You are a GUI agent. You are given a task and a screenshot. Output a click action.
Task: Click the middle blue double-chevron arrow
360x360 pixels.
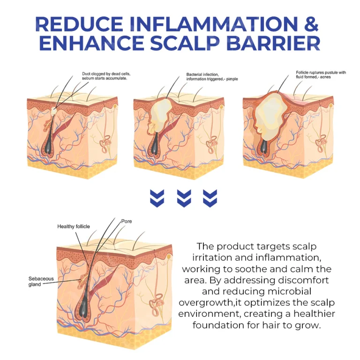coord(184,199)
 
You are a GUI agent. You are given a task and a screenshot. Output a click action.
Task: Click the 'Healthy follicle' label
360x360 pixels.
coord(74,226)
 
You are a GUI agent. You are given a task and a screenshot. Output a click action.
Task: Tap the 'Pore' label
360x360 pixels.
coord(127,221)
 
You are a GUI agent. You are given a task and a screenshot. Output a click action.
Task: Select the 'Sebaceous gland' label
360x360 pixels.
coord(41,281)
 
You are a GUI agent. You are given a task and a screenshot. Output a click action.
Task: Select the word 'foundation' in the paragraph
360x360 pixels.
coord(218,324)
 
